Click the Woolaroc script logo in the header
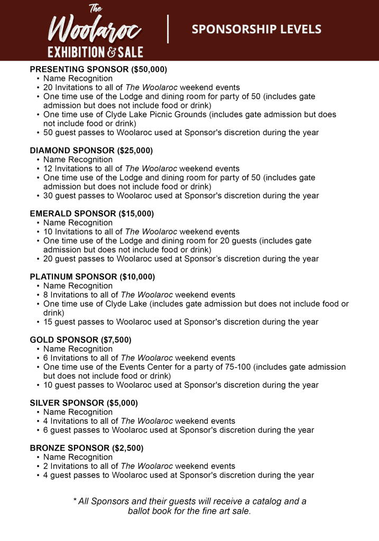(95, 29)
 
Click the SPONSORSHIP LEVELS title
(256, 29)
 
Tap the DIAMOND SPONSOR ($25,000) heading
(91, 150)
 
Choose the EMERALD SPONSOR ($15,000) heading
(91, 213)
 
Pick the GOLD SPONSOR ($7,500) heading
(80, 340)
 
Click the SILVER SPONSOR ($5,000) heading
(84, 403)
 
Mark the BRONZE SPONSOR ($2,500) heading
(86, 447)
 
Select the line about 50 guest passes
(181, 132)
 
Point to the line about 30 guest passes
(181, 195)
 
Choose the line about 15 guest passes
(181, 322)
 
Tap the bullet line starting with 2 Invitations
(139, 466)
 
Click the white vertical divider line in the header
(168, 29)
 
